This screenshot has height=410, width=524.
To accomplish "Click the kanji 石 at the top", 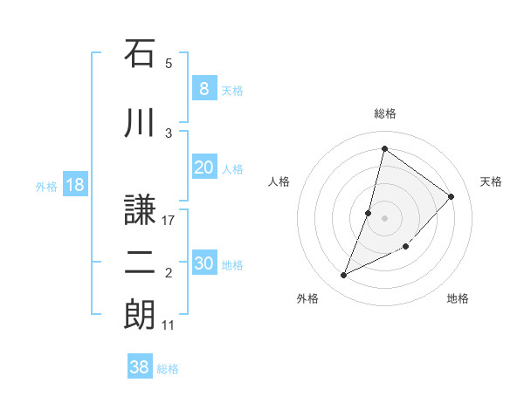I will [x=140, y=53].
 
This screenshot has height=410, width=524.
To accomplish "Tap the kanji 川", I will [x=140, y=124].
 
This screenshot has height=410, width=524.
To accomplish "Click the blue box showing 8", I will [x=203, y=88].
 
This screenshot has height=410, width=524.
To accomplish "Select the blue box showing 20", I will [x=203, y=167].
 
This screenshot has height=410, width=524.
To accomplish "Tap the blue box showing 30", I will [x=203, y=263].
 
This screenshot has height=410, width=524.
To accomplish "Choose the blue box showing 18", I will [x=74, y=185].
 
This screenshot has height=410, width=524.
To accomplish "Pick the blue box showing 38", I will [x=140, y=367].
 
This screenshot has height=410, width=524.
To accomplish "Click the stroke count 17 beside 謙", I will [x=169, y=220].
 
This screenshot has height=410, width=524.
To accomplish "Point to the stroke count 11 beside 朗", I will [x=169, y=325].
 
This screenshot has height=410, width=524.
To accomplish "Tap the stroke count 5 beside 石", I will [x=169, y=63].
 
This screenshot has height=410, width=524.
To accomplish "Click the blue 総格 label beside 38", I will [x=168, y=369].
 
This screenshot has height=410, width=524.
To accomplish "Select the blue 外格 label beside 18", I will [x=45, y=186].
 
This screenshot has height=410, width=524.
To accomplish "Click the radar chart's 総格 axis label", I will [x=385, y=113].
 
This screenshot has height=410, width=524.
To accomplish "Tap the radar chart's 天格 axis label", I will [x=491, y=181].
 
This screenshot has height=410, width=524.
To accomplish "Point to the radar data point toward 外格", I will [x=344, y=276].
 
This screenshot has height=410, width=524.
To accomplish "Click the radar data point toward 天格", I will [x=452, y=196].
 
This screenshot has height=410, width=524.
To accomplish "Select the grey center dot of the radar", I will [x=384, y=218].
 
